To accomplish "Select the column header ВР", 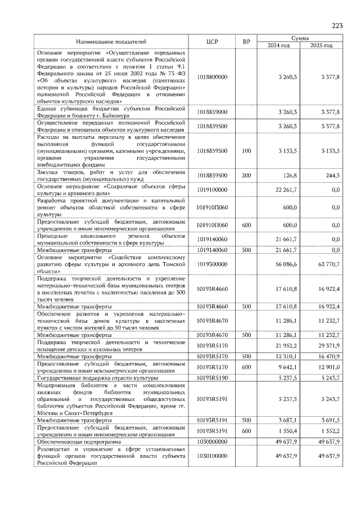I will click(246, 42).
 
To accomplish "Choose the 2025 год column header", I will click(322, 46).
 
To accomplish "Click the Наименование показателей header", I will click(111, 42).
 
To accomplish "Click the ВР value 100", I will click(246, 151).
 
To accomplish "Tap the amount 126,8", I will click(289, 175).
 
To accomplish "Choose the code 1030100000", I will click(212, 456).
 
